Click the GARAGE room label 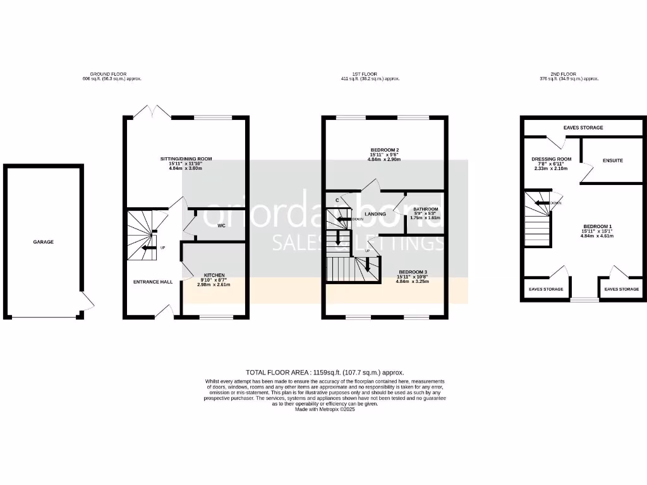tap(44, 242)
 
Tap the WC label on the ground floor tap(222, 225)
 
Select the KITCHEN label tap(214, 275)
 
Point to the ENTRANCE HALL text tap(152, 282)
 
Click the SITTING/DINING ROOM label tap(186, 159)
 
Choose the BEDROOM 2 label tap(385, 150)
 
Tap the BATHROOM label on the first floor tap(425, 209)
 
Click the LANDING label tap(376, 215)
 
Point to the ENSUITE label tap(612, 160)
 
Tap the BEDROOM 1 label tap(597, 226)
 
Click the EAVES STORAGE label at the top tap(583, 128)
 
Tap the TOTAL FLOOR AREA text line tap(325, 373)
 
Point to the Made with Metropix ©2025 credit tap(325, 409)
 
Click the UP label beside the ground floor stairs tap(162, 248)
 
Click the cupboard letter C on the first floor tap(337, 200)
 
